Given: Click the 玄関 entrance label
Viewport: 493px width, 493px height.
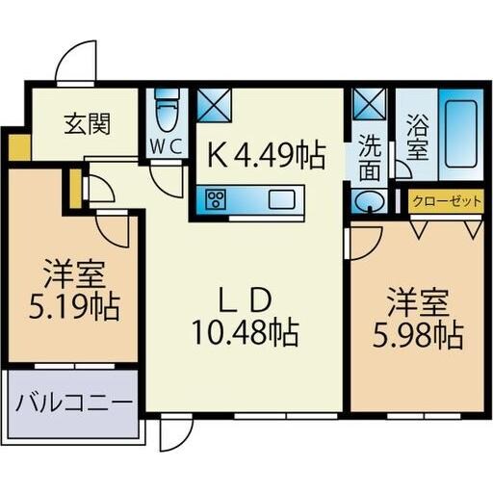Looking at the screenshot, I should tap(88, 123).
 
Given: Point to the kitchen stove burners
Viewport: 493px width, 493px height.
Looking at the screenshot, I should tap(215, 200).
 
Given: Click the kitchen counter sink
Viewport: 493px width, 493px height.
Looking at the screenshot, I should tap(285, 200).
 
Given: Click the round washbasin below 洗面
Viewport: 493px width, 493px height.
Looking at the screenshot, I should tap(368, 202).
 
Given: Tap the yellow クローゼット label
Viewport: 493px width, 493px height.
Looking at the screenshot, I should tap(448, 202).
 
